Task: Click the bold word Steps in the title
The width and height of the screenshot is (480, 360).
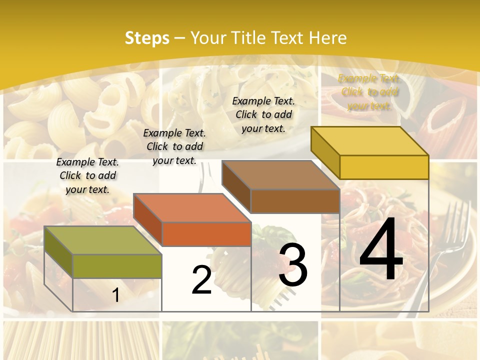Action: pyautogui.click(x=147, y=38)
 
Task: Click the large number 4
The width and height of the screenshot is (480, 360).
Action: pyautogui.click(x=381, y=250)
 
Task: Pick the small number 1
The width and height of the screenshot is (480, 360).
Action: pyautogui.click(x=116, y=295)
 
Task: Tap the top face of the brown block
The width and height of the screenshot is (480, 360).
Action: pyautogui.click(x=280, y=175)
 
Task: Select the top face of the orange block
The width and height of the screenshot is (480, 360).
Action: pyautogui.click(x=192, y=207)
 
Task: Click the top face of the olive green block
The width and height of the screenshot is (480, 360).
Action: pyautogui.click(x=102, y=240)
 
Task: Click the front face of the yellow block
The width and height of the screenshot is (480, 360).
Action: pyautogui.click(x=384, y=167)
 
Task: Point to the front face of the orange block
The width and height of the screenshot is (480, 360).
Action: pyautogui.click(x=206, y=234)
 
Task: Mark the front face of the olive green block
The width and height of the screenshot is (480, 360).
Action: pyautogui.click(x=117, y=266)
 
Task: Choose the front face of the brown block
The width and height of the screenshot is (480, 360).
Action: pyautogui.click(x=295, y=201)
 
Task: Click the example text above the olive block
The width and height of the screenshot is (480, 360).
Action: pyautogui.click(x=87, y=175)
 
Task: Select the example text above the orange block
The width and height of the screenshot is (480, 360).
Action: pyautogui.click(x=174, y=146)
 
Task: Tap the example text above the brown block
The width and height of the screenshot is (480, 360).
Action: pyautogui.click(x=263, y=114)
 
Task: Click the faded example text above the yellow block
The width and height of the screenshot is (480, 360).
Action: pyautogui.click(x=369, y=92)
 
